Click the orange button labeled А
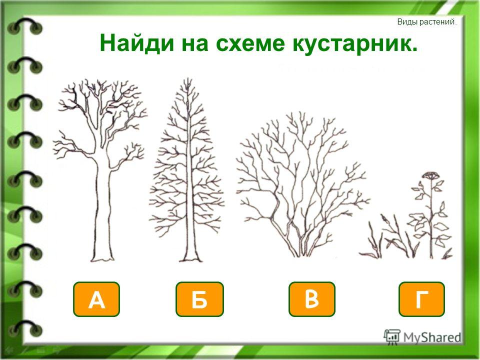[96, 299]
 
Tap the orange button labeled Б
[199, 299]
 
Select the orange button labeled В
[312, 299]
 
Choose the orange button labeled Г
[421, 299]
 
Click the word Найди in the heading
[137, 44]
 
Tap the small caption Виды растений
[426, 22]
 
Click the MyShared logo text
[432, 337]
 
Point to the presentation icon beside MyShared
[392, 337]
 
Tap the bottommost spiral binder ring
[24, 328]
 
